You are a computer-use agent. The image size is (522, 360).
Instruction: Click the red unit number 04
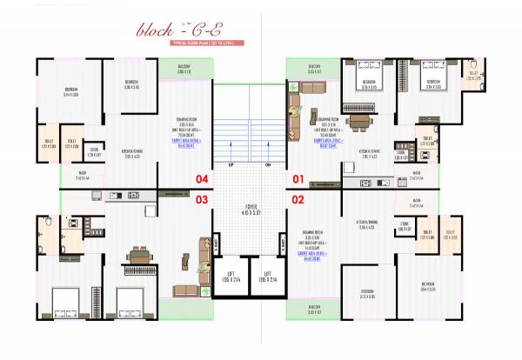pyautogui.click(x=202, y=180)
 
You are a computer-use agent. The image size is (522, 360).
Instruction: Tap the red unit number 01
pyautogui.click(x=298, y=180)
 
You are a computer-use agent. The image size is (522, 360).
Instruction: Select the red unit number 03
pyautogui.click(x=202, y=200)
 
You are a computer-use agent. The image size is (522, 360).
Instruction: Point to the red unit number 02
pyautogui.click(x=298, y=200)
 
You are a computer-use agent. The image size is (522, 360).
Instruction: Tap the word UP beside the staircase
pyautogui.click(x=231, y=164)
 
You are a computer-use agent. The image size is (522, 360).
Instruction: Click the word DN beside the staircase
pyautogui.click(x=268, y=164)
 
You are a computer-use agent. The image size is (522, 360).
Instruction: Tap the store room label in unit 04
pyautogui.click(x=94, y=153)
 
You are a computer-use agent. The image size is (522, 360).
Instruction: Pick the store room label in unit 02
pyautogui.click(x=404, y=225)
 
